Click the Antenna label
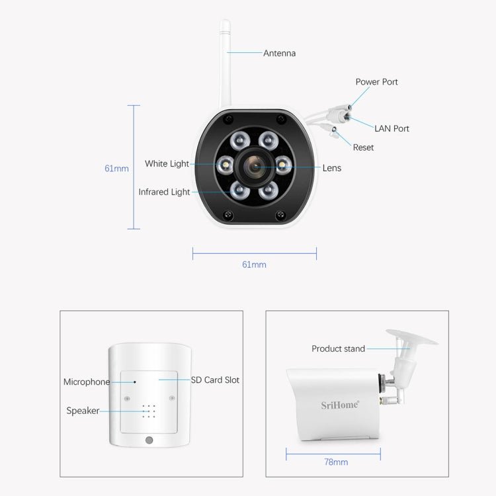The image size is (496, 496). pos(279,53)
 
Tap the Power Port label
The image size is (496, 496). pos(376,82)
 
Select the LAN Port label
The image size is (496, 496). pos(392,128)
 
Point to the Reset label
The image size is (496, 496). pos(363,147)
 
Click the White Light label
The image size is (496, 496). pos(167,163)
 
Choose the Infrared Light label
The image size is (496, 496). pos(164,192)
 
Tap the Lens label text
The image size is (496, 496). pos(331,168)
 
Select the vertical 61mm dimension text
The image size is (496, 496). pos(116,168)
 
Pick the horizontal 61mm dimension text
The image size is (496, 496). pos(254,265)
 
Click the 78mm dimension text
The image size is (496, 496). pos(336,462)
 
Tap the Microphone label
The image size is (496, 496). pos(87,382)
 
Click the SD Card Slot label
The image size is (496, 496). pos(215,380)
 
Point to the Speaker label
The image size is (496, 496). pos(83,411)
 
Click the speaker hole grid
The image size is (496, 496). pos(148,411)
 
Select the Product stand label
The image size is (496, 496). pos(338,349)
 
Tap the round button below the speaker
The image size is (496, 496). pos(149,440)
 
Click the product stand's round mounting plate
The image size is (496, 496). pos(412,338)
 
